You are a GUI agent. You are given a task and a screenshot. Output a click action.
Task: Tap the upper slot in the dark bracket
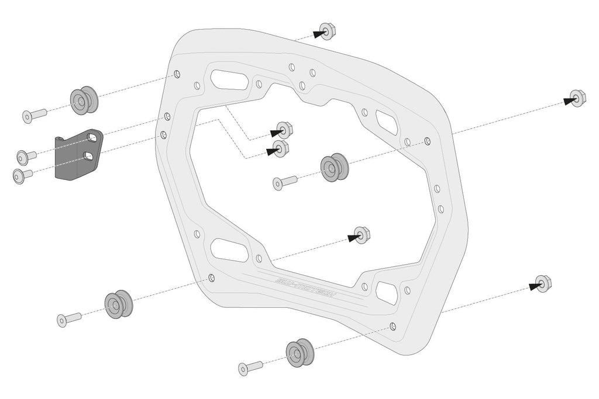click(92, 138)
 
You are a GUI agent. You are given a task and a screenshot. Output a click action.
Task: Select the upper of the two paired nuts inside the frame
click(284, 130)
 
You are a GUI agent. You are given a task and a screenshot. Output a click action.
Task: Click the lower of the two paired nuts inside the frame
click(280, 148)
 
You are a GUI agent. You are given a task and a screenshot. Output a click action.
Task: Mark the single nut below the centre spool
click(362, 235)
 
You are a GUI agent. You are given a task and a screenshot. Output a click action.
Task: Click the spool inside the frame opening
click(334, 168)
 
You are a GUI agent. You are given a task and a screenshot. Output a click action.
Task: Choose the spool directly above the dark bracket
click(84, 100)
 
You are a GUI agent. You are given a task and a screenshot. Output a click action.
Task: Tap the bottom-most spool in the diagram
click(299, 352)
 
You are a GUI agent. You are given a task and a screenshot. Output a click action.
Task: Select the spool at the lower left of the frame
click(118, 304)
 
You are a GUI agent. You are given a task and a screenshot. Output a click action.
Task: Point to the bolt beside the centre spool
click(284, 183)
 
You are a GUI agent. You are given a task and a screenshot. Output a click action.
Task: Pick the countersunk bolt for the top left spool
click(34, 115)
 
